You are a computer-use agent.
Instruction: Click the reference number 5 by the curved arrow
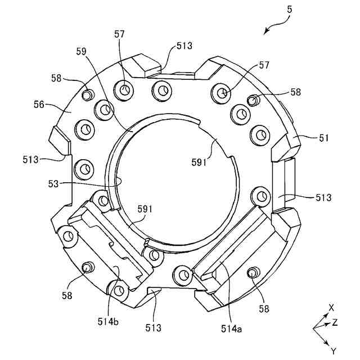(x=288, y=9)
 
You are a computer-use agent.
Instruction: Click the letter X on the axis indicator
(x=331, y=307)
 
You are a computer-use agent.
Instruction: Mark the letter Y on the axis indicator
(x=333, y=350)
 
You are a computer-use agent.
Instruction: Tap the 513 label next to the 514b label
(x=154, y=327)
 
